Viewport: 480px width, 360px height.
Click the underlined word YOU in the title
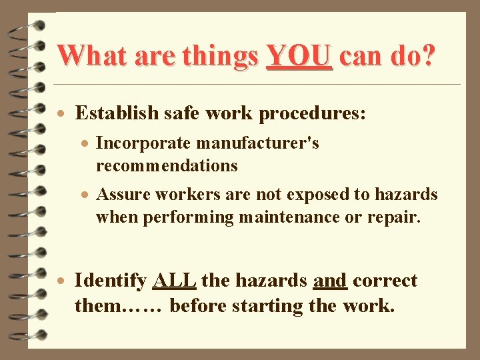pos(299,57)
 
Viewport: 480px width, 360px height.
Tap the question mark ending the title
pos(427,57)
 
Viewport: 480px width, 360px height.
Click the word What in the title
pos(93,57)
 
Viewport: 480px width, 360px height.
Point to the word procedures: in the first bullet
pos(312,114)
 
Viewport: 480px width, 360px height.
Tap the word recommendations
pos(167,165)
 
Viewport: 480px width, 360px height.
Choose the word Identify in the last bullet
pos(110,281)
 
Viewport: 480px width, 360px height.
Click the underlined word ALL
pos(174,281)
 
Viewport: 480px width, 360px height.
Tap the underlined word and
pos(329,281)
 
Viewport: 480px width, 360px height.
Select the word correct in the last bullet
pos(385,281)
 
